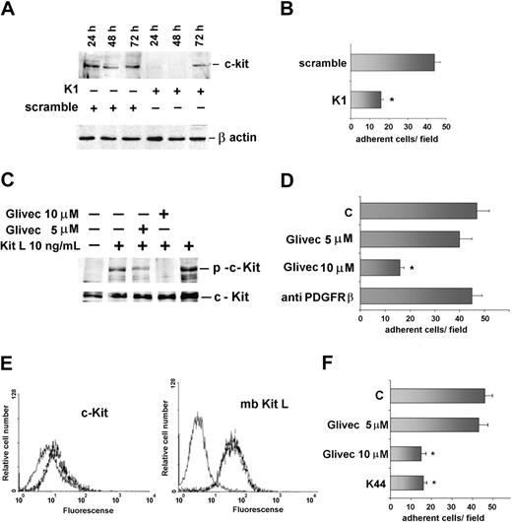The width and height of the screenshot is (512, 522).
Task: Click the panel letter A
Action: click(9, 12)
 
